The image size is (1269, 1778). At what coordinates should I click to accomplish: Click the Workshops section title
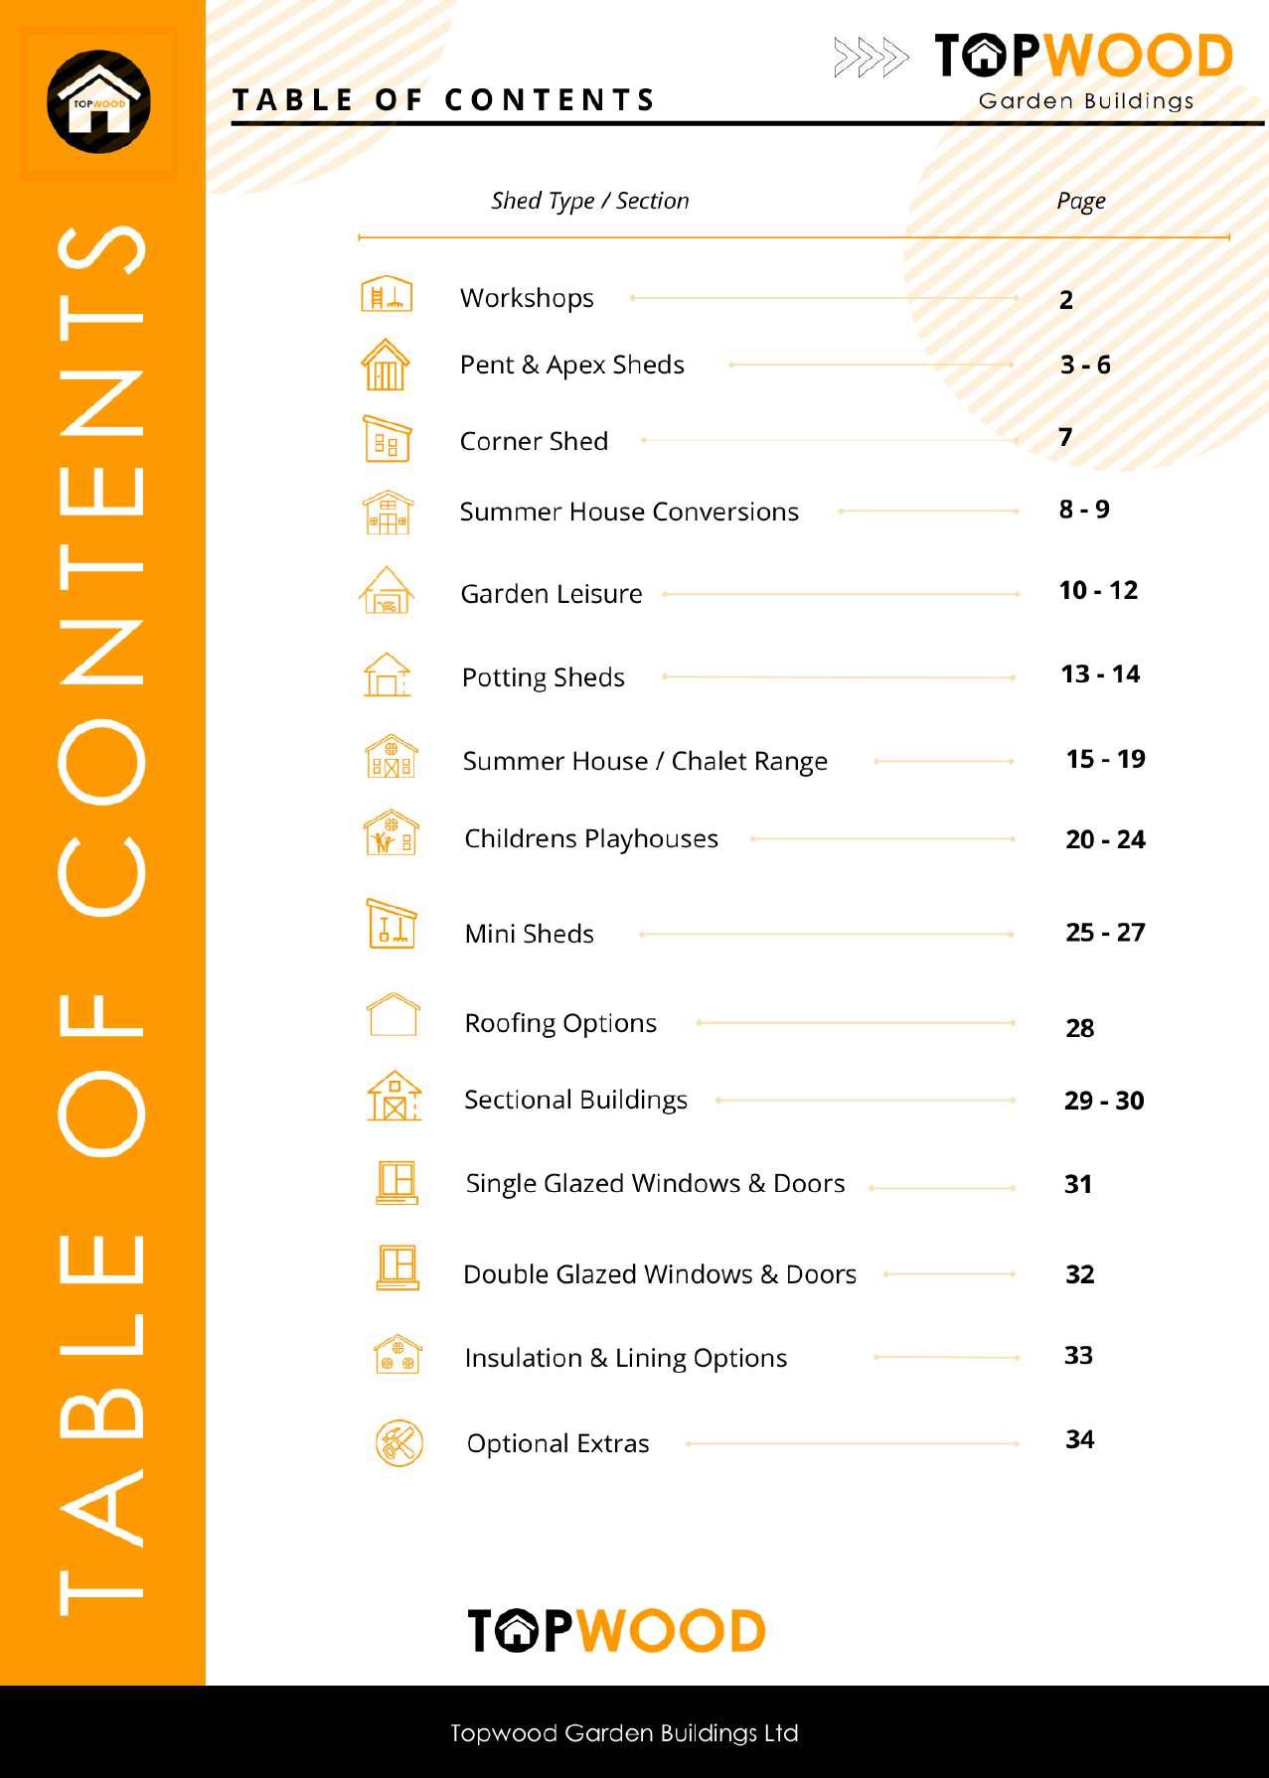527,298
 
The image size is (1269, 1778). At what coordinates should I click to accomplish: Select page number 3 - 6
1084,365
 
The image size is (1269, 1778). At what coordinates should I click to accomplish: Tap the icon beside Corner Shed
387,439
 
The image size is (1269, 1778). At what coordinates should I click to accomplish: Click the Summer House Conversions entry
628,512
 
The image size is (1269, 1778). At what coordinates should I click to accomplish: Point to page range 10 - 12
1097,590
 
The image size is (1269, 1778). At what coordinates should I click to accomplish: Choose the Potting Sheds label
543,677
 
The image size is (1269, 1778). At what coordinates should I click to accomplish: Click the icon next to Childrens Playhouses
391,833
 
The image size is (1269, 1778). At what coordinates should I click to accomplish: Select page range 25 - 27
1105,932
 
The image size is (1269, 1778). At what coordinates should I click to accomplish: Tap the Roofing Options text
560,1023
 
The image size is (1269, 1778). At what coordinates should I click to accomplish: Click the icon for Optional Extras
398,1442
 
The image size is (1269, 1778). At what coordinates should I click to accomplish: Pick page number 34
1079,1439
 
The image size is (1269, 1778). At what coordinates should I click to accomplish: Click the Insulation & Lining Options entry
625,1358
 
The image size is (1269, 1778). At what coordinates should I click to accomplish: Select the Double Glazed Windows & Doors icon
397,1267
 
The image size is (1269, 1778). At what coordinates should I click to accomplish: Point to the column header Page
1080,202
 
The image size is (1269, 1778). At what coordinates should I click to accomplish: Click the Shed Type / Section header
589,201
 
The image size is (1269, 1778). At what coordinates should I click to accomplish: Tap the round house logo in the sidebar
98,101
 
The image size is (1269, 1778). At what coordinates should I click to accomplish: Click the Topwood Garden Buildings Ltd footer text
624,1733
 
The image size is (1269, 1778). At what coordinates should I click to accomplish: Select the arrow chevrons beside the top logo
871,58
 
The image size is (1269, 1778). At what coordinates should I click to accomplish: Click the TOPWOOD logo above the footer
616,1630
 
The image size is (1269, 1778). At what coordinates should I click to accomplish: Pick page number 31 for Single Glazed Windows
1077,1184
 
